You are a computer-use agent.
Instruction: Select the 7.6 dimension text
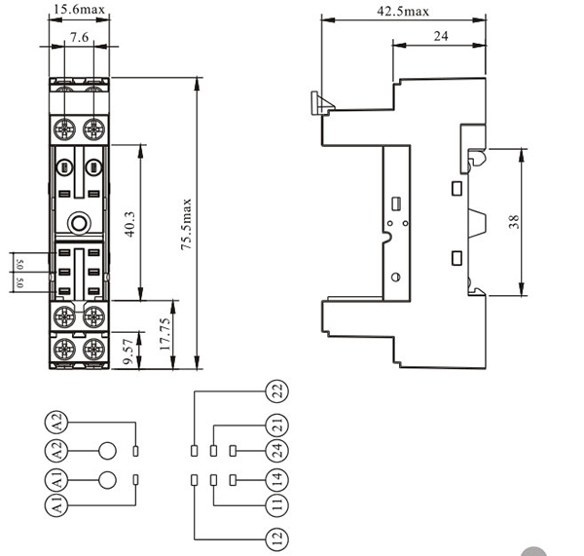point(80,36)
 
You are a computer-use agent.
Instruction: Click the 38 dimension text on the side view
point(515,222)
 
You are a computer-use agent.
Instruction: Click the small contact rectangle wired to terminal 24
point(234,450)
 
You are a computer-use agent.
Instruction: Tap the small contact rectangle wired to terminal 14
point(234,479)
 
